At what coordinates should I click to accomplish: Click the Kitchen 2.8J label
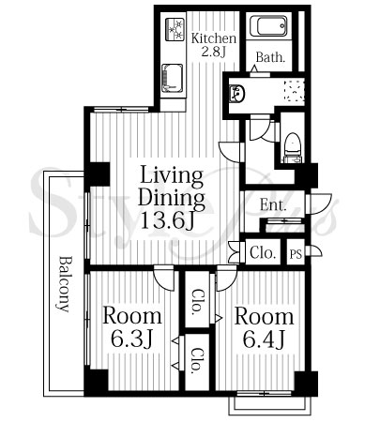[x=214, y=44]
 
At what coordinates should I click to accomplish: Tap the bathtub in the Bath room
[x=268, y=26]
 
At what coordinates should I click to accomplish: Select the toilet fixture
[x=293, y=148]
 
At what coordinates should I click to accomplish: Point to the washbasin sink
[x=237, y=93]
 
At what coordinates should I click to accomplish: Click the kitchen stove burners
[x=175, y=29]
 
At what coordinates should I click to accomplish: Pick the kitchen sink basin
[x=172, y=78]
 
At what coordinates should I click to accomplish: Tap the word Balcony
[x=65, y=284]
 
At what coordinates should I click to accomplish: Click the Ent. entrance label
[x=273, y=205]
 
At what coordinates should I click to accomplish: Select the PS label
[x=296, y=254]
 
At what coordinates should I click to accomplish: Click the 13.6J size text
[x=168, y=220]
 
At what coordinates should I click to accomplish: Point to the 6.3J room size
[x=131, y=339]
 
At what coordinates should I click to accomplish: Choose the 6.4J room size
[x=265, y=339]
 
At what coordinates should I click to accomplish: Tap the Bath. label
[x=270, y=57]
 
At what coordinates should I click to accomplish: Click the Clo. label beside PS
[x=263, y=252]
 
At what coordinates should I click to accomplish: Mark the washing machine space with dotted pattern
[x=294, y=91]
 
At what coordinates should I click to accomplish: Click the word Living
[x=172, y=176]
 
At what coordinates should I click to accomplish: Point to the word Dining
[x=172, y=199]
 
